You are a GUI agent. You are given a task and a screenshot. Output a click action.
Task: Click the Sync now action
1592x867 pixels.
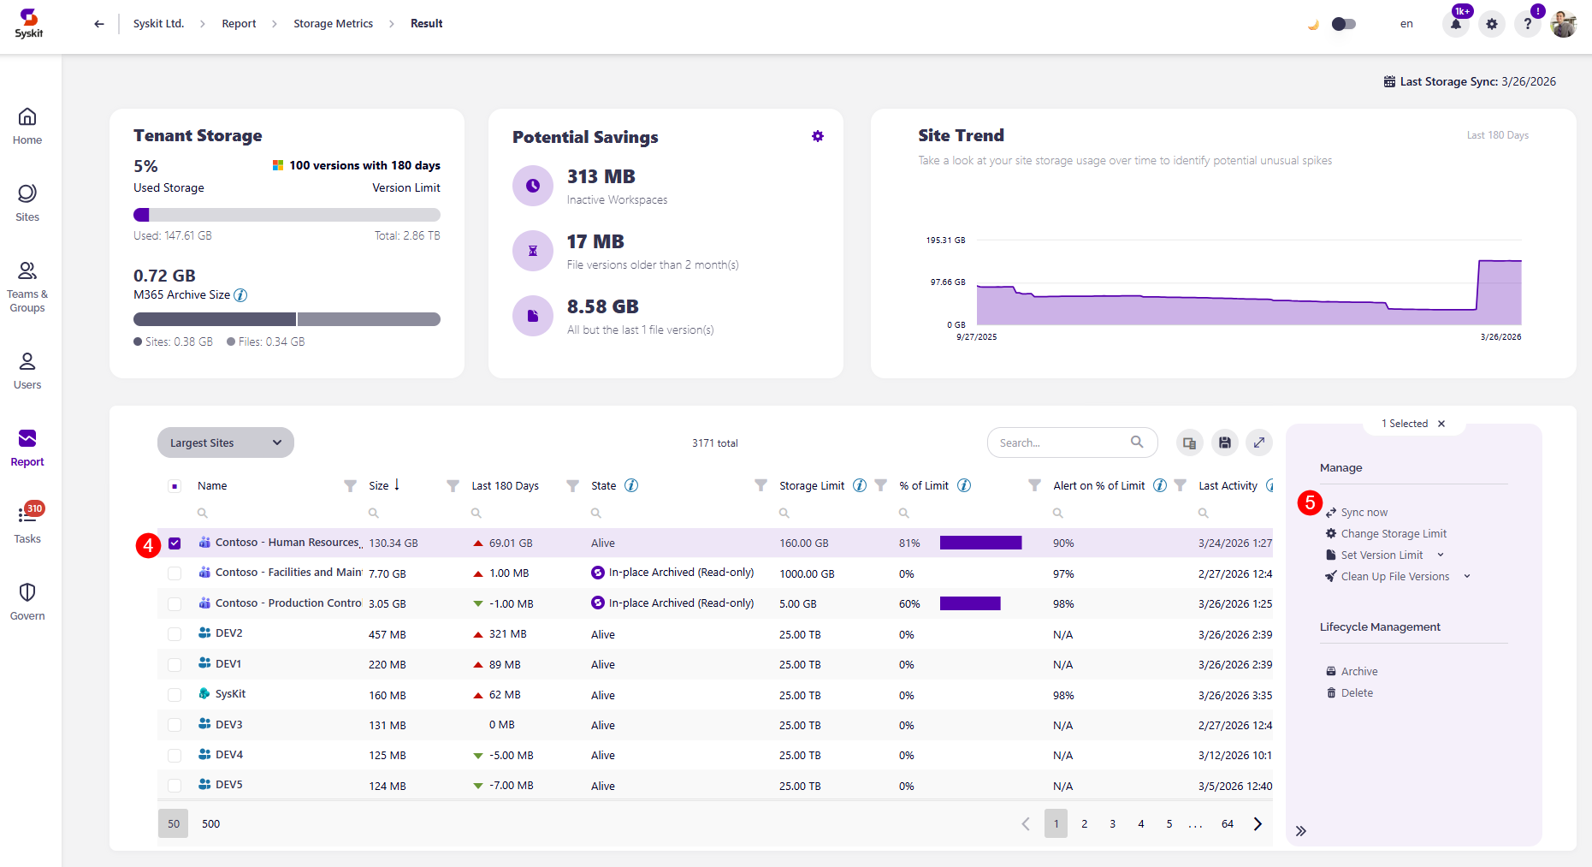pos(1364,513)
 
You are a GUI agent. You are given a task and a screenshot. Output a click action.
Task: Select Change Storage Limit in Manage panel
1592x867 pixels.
pos(1393,534)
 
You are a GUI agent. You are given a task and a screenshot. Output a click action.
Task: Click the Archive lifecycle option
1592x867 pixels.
pos(1358,672)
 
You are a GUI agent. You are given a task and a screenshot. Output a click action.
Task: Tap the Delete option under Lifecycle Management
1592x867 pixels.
pos(1356,693)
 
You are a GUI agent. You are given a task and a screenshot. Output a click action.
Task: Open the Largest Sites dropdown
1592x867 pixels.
pos(225,442)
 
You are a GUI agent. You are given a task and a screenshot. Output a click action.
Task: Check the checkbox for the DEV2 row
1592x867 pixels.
pos(175,634)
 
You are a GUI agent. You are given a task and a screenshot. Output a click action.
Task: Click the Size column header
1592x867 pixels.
pos(378,485)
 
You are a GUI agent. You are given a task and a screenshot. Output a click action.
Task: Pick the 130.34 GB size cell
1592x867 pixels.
pos(394,543)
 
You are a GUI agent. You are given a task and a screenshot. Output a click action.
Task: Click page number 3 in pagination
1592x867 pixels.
pos(1112,823)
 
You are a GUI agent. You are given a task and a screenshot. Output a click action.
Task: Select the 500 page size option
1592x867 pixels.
pos(210,823)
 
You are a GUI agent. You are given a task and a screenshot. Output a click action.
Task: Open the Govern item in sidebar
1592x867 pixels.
pos(27,602)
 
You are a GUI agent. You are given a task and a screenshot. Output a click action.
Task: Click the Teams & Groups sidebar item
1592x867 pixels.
pos(27,287)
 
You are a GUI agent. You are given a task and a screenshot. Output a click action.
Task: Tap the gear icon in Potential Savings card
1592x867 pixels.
pos(818,136)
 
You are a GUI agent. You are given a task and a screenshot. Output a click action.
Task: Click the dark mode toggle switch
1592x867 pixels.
pos(1343,24)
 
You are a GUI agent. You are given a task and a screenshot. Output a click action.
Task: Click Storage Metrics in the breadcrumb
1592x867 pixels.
pos(333,24)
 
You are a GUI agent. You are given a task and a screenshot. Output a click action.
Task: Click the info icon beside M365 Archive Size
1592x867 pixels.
pos(241,295)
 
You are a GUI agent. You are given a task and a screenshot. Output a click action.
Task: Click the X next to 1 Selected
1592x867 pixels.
pos(1441,424)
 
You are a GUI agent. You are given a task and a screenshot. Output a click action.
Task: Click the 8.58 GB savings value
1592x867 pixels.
pos(602,306)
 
